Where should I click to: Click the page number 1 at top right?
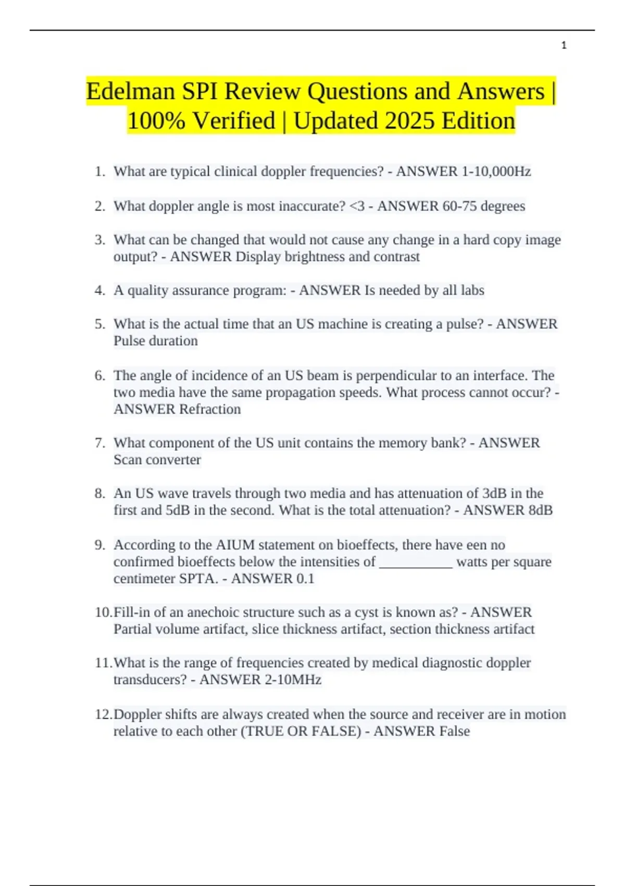[564, 45]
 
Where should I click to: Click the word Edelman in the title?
[131, 92]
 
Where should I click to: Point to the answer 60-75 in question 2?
[460, 206]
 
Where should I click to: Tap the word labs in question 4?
[472, 290]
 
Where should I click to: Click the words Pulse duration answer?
[156, 341]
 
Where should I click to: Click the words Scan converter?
[157, 460]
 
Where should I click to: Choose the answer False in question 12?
[454, 731]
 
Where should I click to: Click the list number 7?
[100, 443]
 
